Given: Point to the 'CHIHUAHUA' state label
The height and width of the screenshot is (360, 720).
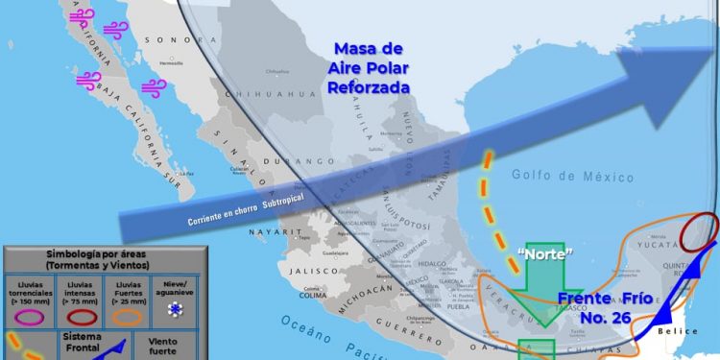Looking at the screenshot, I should tap(284, 94).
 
